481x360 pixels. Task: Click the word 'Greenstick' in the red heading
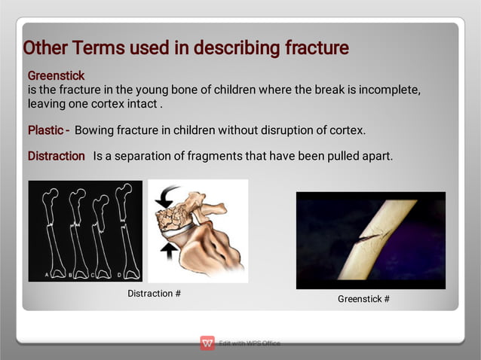[56, 76]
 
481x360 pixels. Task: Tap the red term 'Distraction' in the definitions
[57, 156]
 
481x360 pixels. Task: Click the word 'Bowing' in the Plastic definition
[93, 130]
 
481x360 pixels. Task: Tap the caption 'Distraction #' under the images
[154, 293]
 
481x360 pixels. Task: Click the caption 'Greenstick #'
[363, 299]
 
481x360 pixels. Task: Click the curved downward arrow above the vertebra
[168, 198]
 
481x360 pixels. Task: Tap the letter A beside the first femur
[46, 275]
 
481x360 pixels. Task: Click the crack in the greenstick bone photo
[369, 236]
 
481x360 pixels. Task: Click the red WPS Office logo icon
[207, 343]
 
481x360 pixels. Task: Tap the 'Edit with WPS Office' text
[250, 344]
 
